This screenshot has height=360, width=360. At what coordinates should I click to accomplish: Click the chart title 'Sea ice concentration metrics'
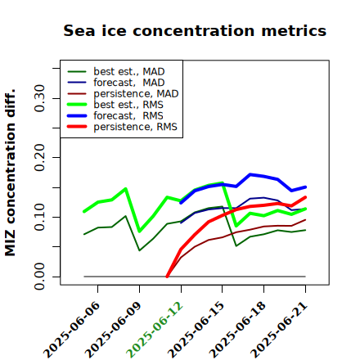195,30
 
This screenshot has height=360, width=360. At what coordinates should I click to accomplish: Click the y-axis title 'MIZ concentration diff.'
10,173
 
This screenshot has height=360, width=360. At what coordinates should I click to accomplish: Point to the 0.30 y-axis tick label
39,98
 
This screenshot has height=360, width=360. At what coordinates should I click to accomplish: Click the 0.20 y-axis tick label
39,158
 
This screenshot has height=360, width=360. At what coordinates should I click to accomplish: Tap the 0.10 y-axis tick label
39,217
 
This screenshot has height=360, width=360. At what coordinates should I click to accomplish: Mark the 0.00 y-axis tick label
39,277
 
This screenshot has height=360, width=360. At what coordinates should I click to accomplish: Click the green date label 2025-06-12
155,330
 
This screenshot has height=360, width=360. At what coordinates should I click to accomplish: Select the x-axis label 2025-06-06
72,330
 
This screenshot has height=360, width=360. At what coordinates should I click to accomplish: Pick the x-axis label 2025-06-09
114,330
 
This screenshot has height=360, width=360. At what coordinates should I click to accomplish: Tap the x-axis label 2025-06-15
196,330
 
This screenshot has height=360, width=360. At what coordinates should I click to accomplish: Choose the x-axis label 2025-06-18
238,330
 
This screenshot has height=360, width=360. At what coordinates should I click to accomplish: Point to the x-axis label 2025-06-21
279,330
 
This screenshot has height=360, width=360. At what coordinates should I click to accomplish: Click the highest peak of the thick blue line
250,174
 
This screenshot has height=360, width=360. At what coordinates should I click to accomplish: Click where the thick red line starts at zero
167,277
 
